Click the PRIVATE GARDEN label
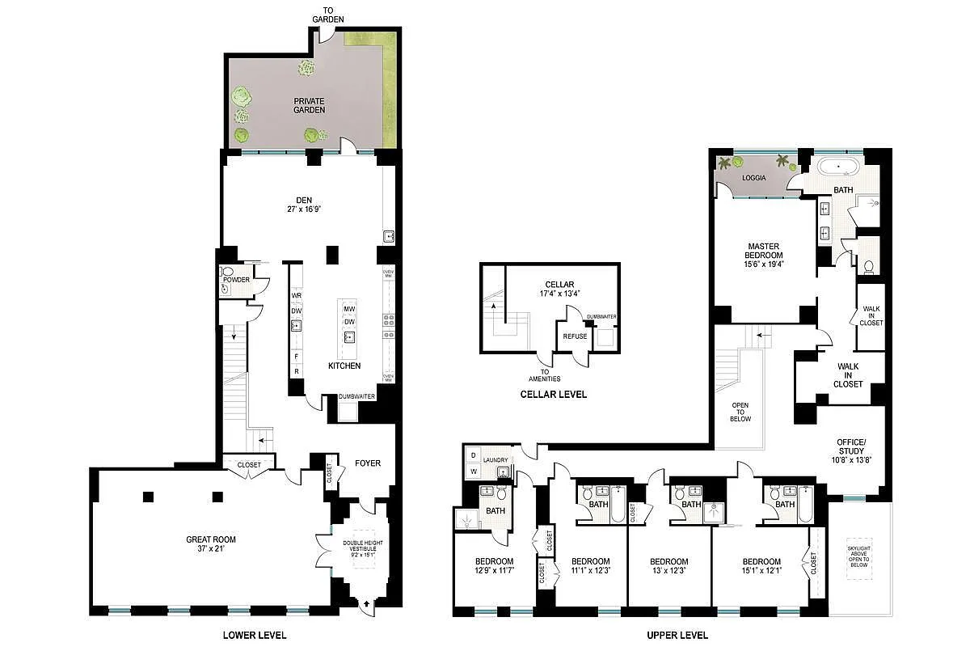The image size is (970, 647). tap(309, 105)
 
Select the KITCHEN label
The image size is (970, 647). tap(344, 366)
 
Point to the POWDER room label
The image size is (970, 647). tap(236, 280)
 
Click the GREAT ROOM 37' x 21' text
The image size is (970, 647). tap(210, 544)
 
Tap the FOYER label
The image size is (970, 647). tap(368, 463)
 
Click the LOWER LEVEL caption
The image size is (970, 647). tap(254, 635)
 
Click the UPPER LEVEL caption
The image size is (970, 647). tap(677, 635)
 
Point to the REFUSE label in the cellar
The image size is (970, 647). tap(575, 336)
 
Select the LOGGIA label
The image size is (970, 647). tap(753, 177)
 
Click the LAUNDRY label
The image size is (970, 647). tap(496, 460)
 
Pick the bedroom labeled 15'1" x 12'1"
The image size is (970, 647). tap(761, 566)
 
